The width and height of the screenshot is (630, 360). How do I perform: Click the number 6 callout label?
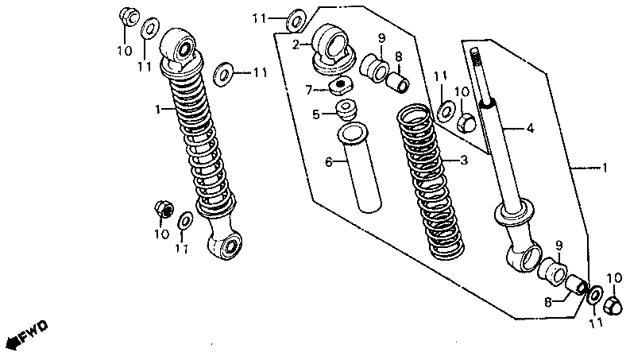click(x=327, y=161)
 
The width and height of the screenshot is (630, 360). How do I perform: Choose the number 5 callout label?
click(x=315, y=114)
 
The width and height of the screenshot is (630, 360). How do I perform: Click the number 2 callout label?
click(x=296, y=45)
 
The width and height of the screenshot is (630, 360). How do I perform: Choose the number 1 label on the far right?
click(x=605, y=168)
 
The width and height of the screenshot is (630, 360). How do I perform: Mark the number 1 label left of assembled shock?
click(x=158, y=107)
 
